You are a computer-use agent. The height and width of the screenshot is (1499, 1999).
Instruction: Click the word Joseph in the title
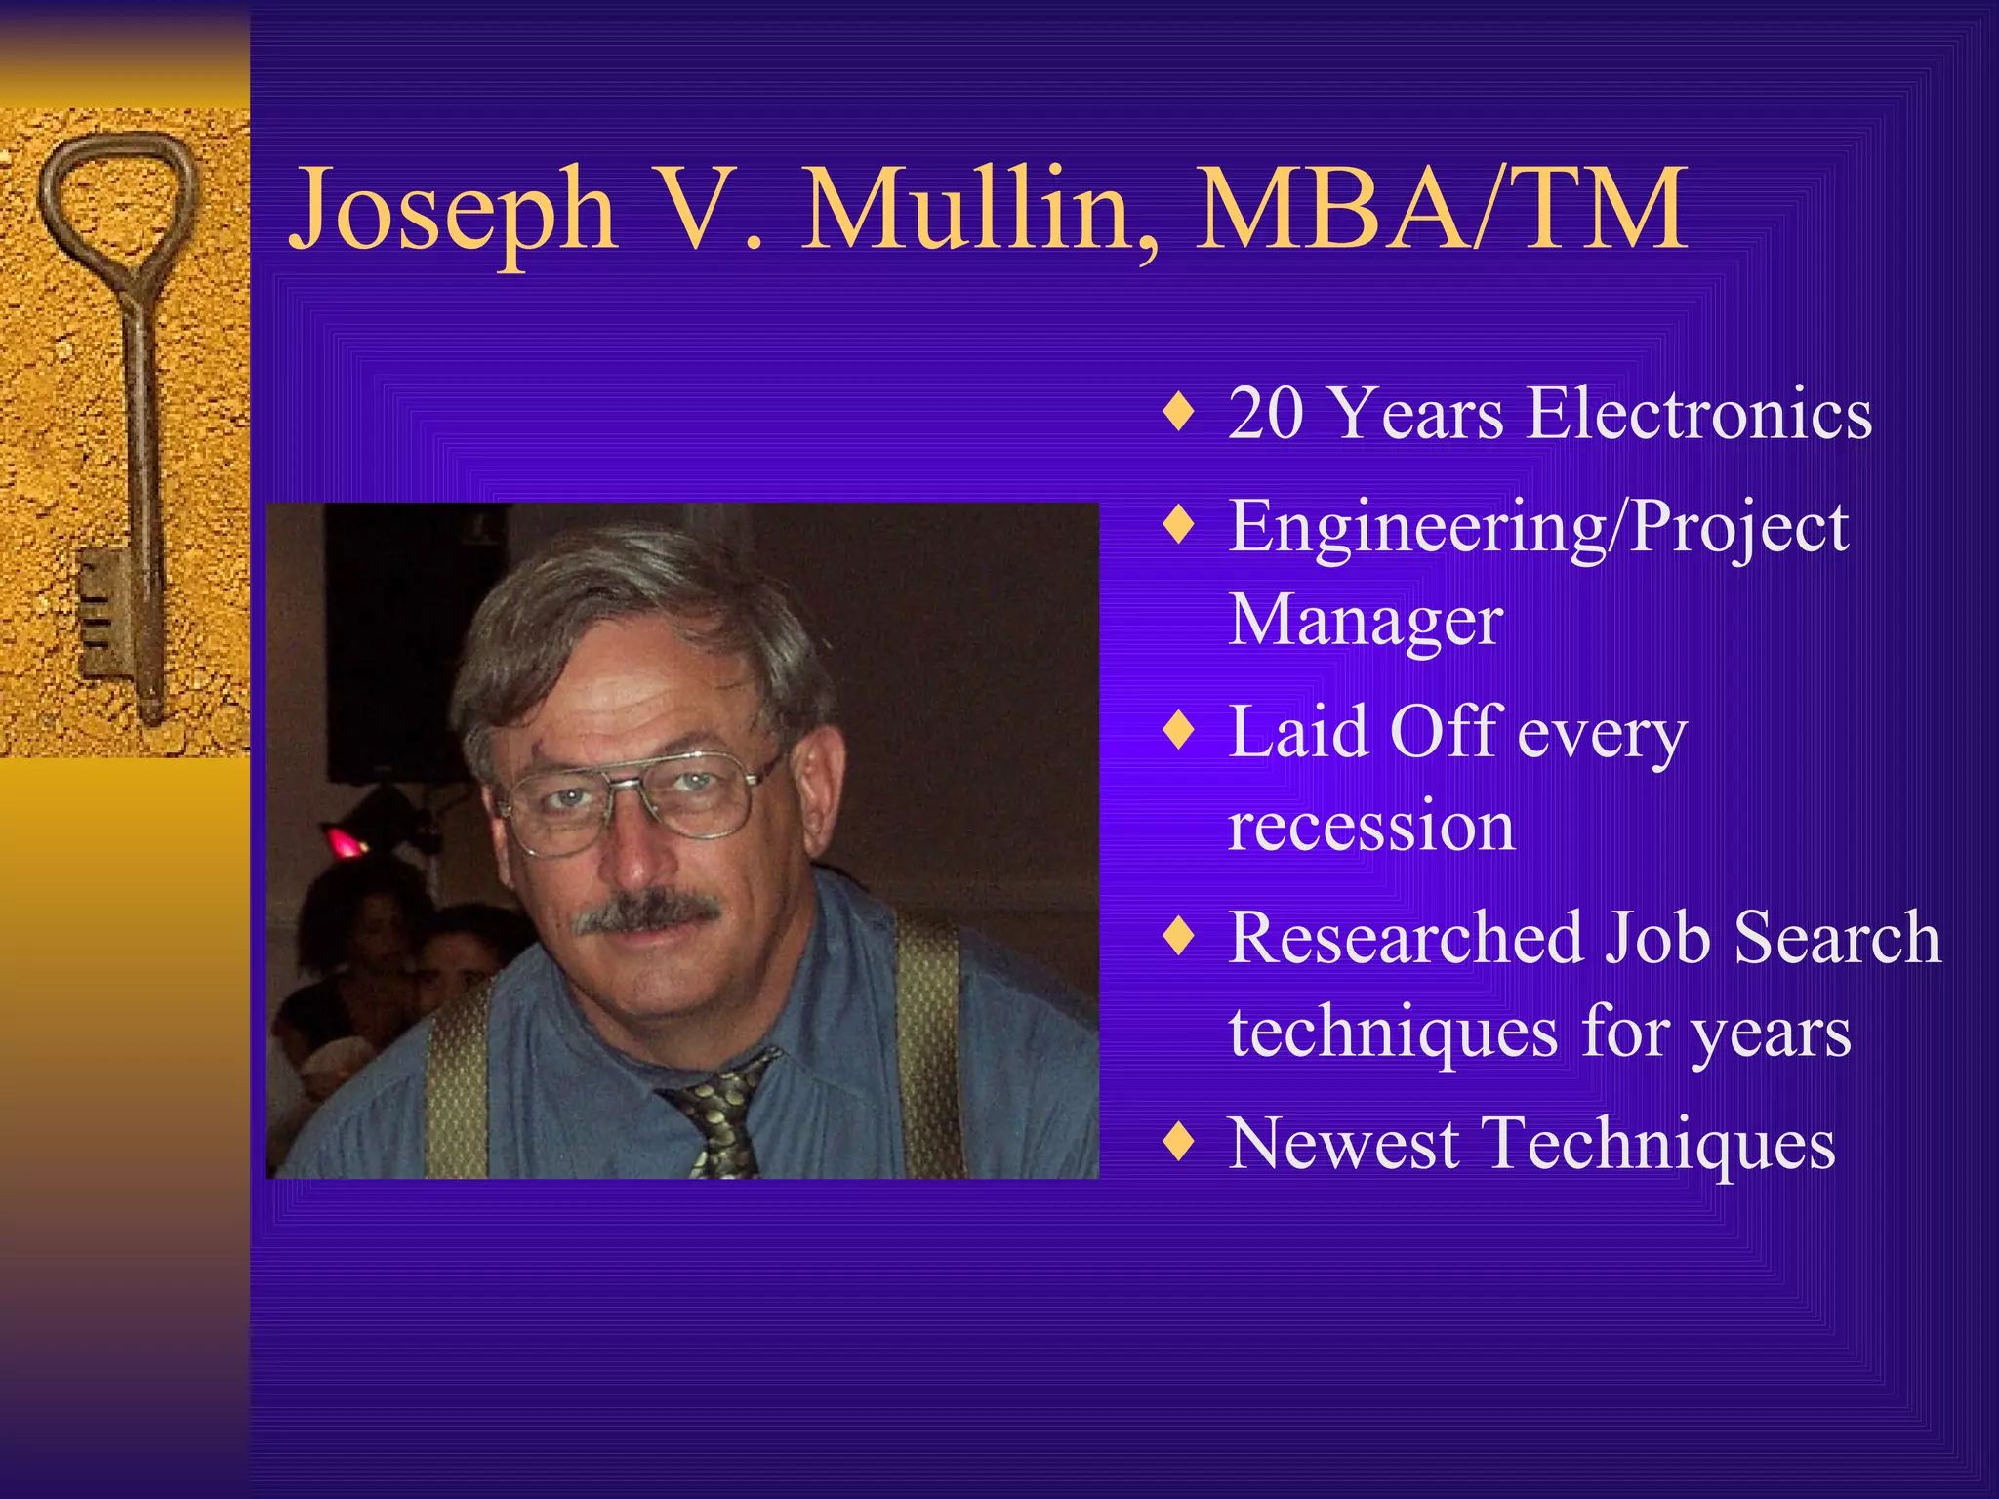(x=454, y=210)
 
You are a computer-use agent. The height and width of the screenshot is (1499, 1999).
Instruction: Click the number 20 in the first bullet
(x=1266, y=414)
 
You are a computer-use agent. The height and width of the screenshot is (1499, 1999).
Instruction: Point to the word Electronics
(x=1699, y=414)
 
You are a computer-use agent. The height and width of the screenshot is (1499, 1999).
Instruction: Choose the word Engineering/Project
(x=1538, y=528)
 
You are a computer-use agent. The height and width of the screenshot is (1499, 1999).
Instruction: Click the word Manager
(x=1366, y=621)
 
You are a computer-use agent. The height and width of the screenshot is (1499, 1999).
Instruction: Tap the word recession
(x=1371, y=826)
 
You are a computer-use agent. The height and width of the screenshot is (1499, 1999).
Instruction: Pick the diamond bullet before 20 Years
(x=1179, y=413)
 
